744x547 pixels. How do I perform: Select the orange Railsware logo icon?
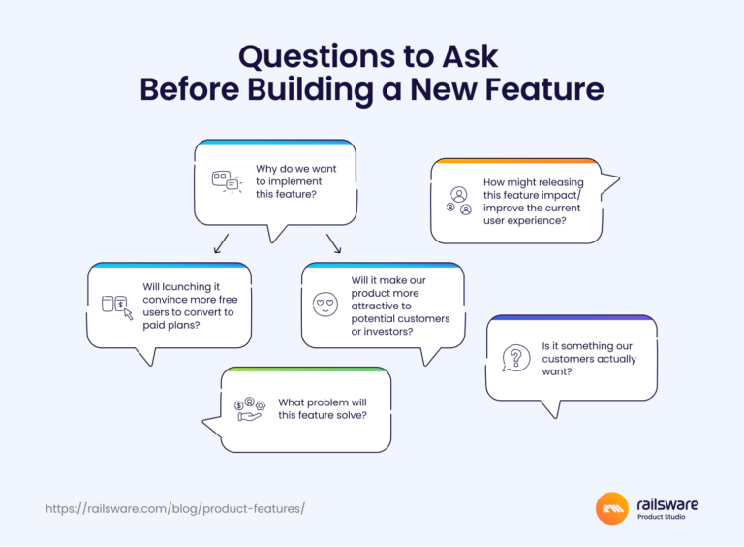click(612, 508)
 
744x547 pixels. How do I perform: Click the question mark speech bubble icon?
click(516, 359)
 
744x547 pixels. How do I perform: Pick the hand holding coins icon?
click(249, 407)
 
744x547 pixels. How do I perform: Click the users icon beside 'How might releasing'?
click(459, 201)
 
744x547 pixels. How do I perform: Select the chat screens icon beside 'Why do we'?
click(226, 181)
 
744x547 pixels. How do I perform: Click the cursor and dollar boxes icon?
click(116, 306)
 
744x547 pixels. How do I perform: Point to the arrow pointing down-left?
click(221, 242)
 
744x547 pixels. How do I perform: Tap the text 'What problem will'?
click(322, 402)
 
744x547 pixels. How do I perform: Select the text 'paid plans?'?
click(172, 325)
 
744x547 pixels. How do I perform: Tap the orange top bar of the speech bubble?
click(513, 161)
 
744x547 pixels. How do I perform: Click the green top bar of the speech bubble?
click(305, 370)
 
